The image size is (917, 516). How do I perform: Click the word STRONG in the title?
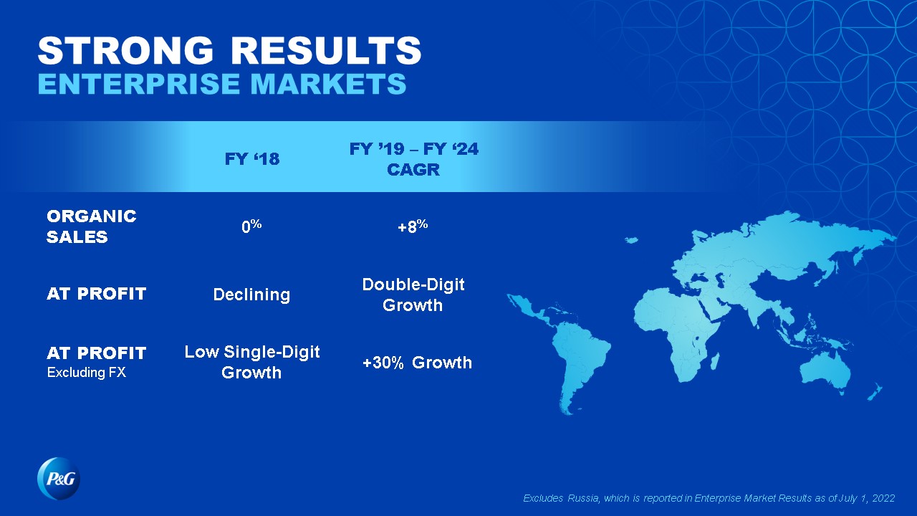(125, 50)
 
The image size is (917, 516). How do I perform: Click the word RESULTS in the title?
(326, 50)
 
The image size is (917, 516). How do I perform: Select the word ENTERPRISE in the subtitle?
(139, 84)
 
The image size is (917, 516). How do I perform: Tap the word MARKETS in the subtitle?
(328, 84)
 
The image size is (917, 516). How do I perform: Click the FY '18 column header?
(252, 159)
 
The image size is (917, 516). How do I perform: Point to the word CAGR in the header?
(413, 170)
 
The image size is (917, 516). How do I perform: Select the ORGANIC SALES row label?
(91, 226)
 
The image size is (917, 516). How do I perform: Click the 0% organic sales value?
(251, 226)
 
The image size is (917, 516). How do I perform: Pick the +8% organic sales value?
(413, 226)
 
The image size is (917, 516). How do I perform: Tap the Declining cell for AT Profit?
(251, 295)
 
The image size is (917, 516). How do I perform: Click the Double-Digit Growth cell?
(413, 295)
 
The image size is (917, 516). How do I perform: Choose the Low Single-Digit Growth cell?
(251, 362)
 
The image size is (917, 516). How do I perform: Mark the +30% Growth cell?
(417, 363)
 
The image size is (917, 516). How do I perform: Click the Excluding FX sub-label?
(87, 372)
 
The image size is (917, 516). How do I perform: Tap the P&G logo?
(59, 478)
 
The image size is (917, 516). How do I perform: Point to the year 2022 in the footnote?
(883, 498)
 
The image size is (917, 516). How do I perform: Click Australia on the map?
(825, 371)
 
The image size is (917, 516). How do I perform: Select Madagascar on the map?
(715, 361)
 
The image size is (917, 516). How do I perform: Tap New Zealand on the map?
(875, 392)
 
